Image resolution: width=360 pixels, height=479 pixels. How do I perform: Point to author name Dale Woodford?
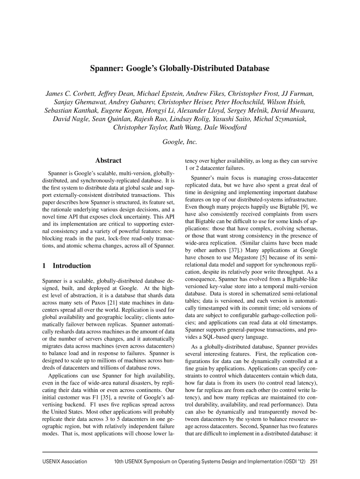click(223, 128)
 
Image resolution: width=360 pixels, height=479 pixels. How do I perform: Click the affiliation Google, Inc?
click(180, 141)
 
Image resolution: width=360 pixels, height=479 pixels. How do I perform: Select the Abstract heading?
click(108, 160)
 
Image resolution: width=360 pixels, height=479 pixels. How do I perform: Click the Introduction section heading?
click(72, 266)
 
